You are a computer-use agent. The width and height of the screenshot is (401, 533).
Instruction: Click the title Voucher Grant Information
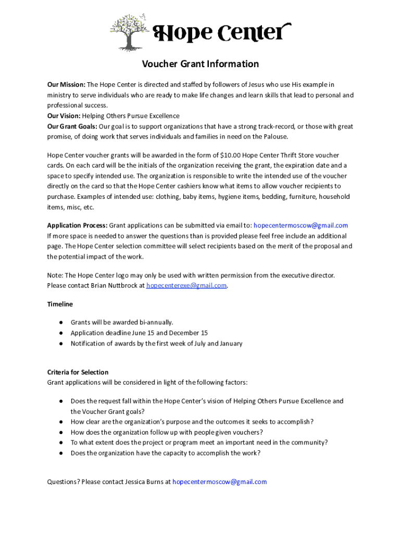pos(200,64)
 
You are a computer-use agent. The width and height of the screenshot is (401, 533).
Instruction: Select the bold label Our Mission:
pos(66,85)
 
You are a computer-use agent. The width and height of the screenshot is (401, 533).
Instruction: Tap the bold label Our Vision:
pos(64,116)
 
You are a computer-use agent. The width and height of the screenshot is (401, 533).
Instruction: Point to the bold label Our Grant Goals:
pos(72,126)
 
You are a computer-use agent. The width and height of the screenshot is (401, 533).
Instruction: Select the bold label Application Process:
pos(77,225)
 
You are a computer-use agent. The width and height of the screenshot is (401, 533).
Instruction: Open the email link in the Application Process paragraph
pos(300,225)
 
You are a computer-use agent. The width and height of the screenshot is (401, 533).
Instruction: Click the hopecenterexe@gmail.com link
pos(186,286)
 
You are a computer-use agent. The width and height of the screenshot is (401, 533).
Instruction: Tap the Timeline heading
pos(60,304)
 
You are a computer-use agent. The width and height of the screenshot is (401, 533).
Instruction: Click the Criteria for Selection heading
pos(78,372)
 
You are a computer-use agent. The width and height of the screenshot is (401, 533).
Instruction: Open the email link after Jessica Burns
pos(219,482)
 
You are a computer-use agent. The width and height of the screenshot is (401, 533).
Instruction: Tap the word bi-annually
pos(153,323)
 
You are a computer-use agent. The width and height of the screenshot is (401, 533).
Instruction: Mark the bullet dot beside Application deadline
pos(61,333)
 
